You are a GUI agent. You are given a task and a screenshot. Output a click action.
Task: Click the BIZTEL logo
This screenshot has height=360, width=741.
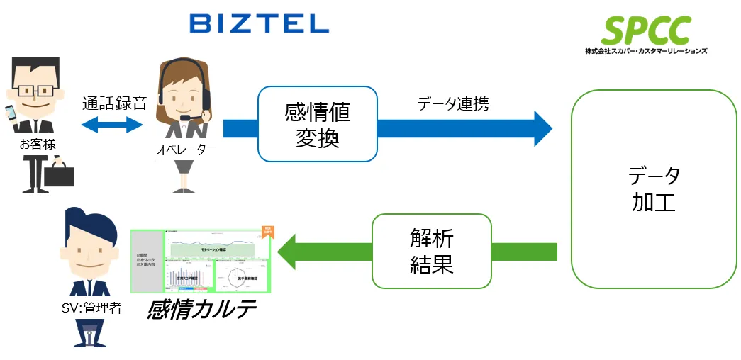(259, 24)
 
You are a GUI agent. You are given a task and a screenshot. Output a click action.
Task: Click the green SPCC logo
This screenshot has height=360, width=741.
(646, 29)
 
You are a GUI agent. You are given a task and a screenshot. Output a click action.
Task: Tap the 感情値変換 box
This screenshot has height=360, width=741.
(317, 124)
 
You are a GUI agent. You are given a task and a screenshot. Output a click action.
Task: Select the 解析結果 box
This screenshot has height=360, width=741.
(431, 251)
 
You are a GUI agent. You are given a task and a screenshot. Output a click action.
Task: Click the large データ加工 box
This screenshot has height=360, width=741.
(654, 188)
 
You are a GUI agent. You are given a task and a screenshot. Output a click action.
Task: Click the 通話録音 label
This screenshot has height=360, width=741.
(114, 103)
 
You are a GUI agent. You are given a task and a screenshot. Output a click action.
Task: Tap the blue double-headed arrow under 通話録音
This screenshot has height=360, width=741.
(113, 125)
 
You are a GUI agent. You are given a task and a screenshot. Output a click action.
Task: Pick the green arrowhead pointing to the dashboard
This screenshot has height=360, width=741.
(287, 251)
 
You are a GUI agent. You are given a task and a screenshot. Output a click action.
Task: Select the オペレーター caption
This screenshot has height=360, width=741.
(185, 150)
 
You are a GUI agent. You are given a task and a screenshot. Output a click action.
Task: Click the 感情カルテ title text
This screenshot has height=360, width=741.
(201, 310)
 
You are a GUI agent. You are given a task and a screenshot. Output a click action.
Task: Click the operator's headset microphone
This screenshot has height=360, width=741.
(185, 118)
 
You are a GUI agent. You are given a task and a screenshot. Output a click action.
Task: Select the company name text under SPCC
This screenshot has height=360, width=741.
(646, 51)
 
